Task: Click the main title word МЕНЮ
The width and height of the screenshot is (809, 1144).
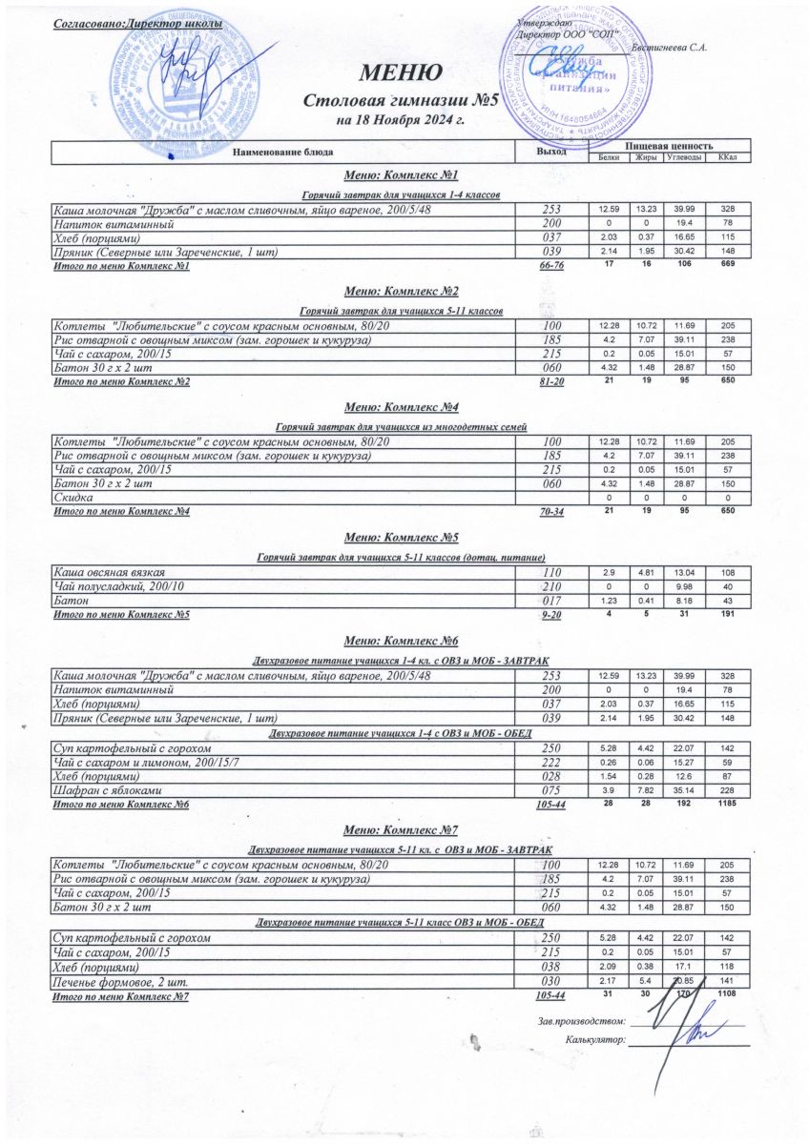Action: click(x=400, y=72)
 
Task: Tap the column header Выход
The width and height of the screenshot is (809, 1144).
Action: click(x=551, y=152)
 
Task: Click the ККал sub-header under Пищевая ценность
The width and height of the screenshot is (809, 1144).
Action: click(x=726, y=157)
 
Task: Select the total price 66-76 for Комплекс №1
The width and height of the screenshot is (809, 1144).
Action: click(x=551, y=266)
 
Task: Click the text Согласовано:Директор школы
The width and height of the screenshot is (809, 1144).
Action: click(x=139, y=23)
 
